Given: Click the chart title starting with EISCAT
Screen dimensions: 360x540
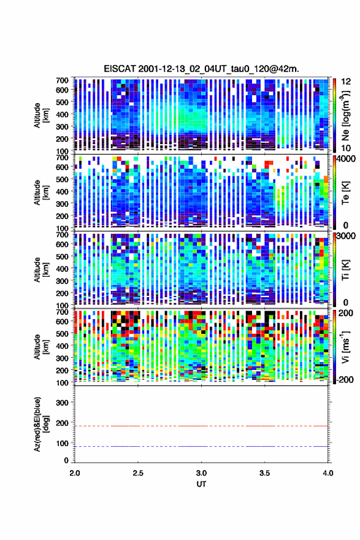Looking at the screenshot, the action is pyautogui.click(x=201, y=69).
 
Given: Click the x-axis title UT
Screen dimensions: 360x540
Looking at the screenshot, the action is pyautogui.click(x=201, y=484).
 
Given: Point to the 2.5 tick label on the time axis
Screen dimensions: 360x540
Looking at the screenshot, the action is pyautogui.click(x=138, y=473).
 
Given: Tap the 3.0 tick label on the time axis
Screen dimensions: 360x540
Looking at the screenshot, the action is pyautogui.click(x=201, y=473).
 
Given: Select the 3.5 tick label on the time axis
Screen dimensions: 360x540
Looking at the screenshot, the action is pyautogui.click(x=264, y=473).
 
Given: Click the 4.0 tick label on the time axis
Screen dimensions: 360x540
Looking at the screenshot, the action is pyautogui.click(x=327, y=473).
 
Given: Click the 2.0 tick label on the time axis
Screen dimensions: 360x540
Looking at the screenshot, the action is pyautogui.click(x=75, y=473).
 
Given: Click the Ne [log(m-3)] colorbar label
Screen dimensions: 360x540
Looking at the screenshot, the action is pyautogui.click(x=345, y=115).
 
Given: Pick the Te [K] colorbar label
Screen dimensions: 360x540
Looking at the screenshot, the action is pyautogui.click(x=345, y=192).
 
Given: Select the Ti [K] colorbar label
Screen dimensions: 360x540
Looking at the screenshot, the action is pyautogui.click(x=345, y=269).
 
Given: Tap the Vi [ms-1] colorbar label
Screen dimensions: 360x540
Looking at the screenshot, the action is pyautogui.click(x=345, y=347).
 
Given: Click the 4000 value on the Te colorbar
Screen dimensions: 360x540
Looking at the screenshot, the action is pyautogui.click(x=345, y=159).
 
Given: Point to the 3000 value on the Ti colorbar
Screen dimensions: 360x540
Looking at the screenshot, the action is pyautogui.click(x=345, y=236).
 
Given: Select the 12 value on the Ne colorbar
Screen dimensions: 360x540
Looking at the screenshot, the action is pyautogui.click(x=347, y=82).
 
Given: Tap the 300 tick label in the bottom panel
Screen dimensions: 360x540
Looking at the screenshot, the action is pyautogui.click(x=62, y=403).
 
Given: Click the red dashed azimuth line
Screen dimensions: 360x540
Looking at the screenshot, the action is pyautogui.click(x=201, y=426).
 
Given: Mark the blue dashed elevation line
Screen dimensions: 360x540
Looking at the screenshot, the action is pyautogui.click(x=201, y=446).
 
